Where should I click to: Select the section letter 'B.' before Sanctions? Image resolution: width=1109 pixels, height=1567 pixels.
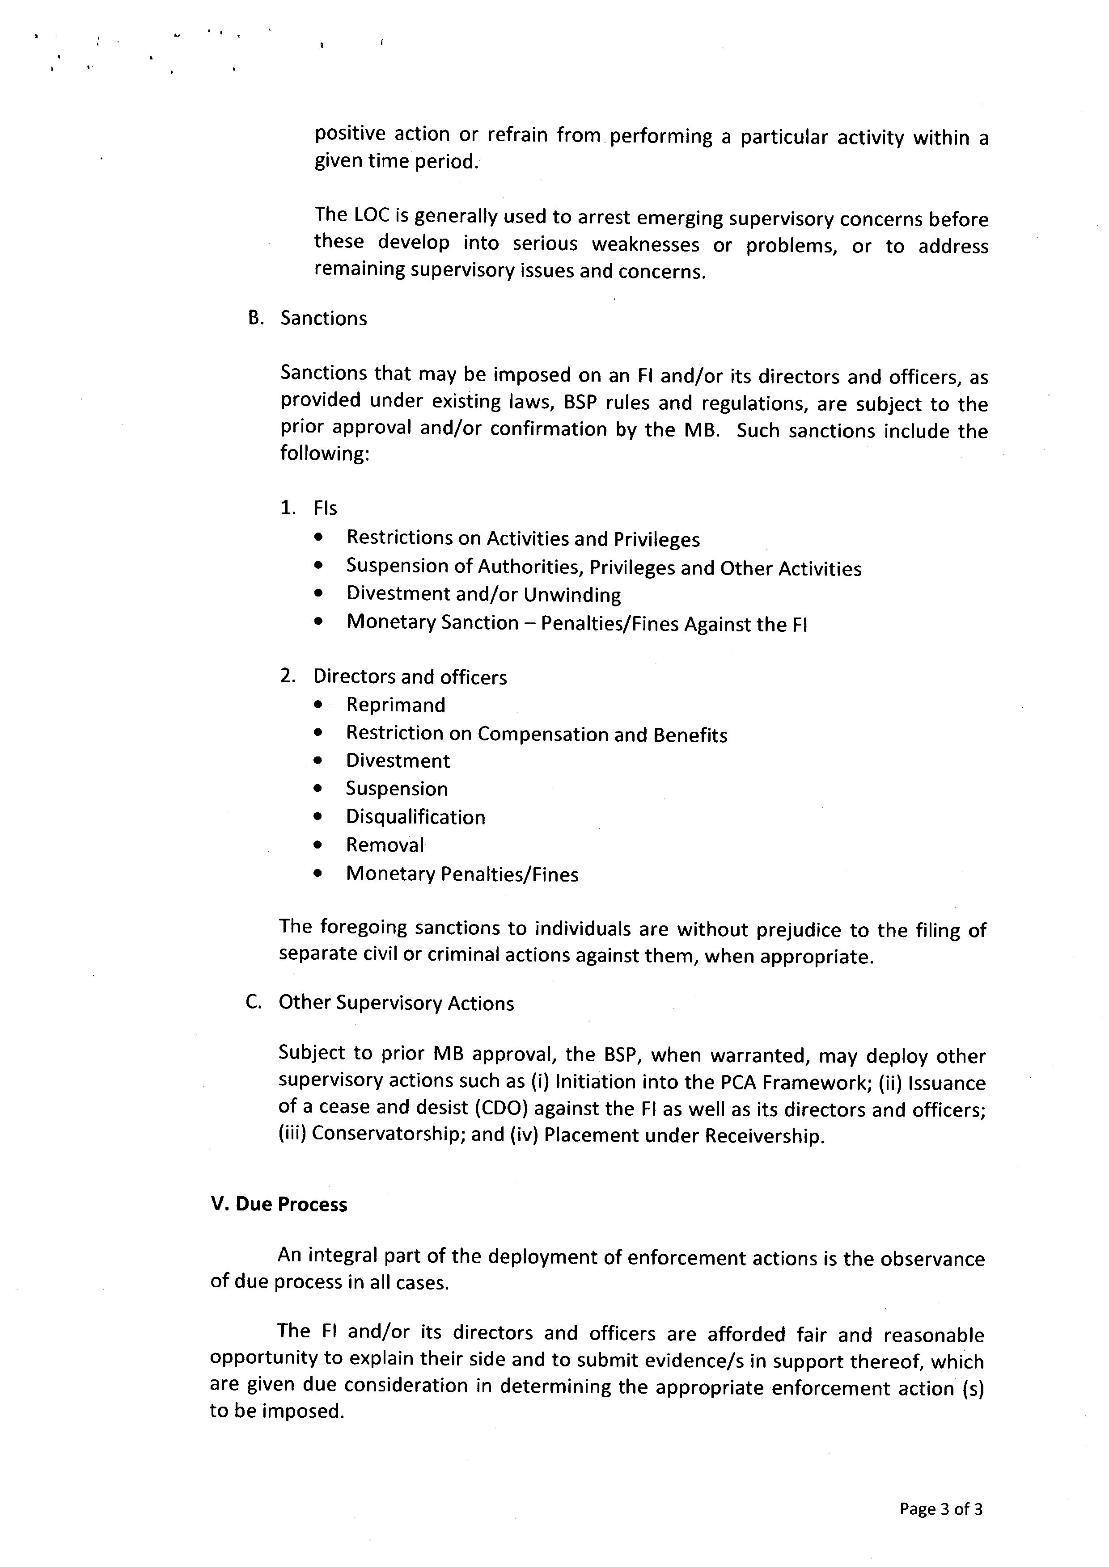[255, 318]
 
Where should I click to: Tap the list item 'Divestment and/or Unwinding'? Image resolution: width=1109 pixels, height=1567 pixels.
[483, 594]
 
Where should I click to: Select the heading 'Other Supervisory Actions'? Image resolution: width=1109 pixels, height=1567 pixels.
[396, 1003]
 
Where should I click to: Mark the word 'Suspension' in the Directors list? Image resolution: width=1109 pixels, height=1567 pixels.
[397, 789]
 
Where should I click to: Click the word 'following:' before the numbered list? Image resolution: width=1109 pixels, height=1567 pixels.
[324, 454]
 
